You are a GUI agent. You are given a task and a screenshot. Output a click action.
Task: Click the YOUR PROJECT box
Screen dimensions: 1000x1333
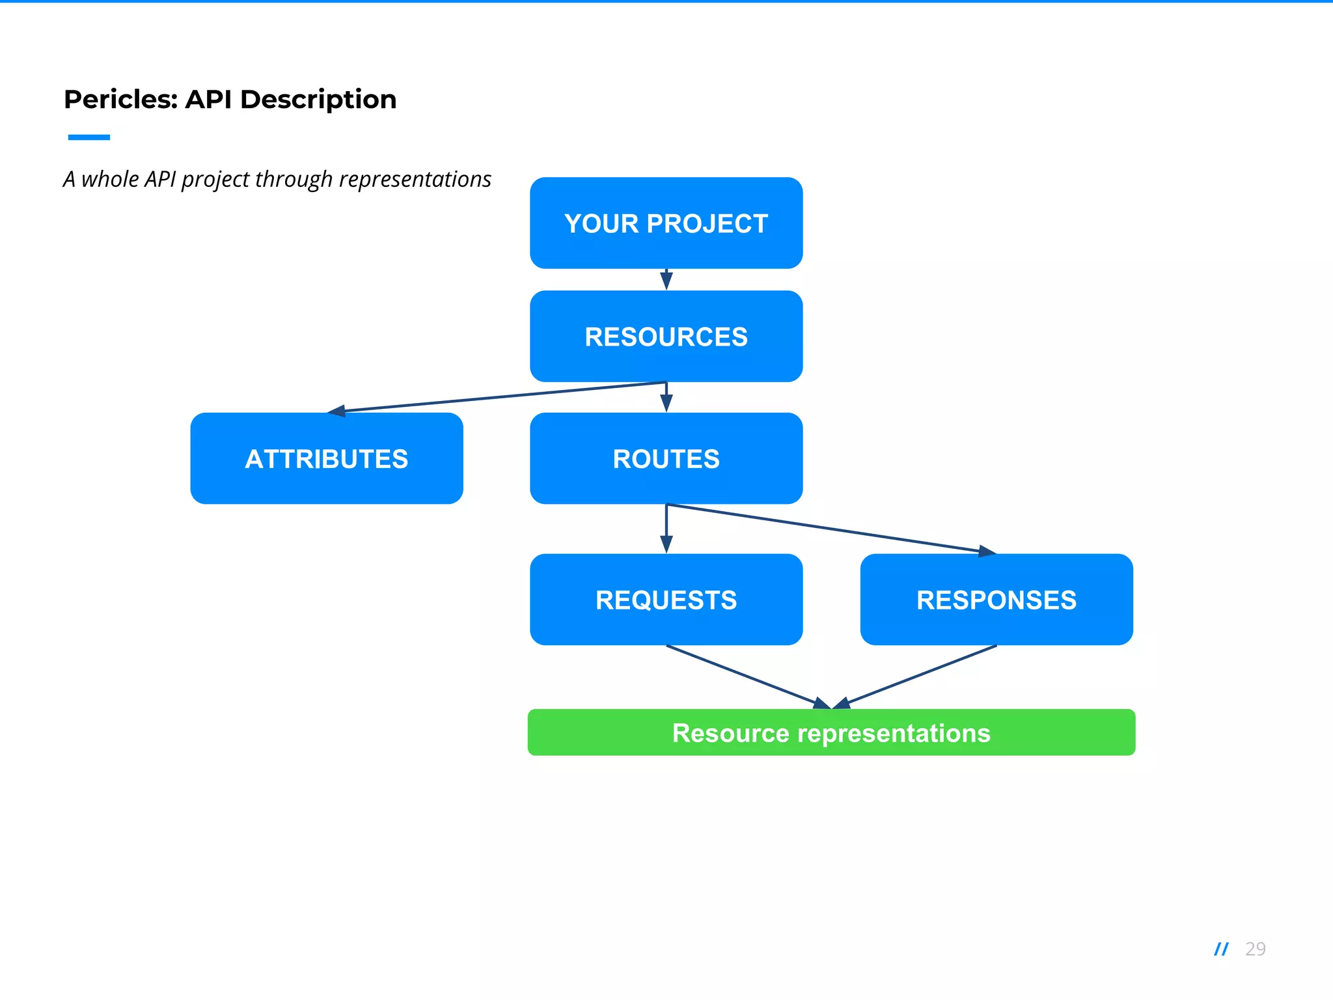[666, 223]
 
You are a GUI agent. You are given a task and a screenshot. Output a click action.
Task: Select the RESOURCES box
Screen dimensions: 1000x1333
[666, 336]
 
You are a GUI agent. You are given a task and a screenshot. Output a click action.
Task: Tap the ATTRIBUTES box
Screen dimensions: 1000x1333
[327, 458]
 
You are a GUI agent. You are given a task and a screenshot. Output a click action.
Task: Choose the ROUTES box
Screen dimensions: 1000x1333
[666, 458]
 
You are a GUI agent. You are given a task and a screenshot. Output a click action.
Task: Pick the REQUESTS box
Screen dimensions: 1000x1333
[666, 600]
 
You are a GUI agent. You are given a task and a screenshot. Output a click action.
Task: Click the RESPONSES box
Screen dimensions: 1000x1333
[996, 600]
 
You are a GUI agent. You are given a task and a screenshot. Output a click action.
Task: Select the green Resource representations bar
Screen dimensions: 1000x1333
[831, 732]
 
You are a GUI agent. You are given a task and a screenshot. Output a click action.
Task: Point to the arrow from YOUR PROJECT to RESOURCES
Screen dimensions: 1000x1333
[666, 279]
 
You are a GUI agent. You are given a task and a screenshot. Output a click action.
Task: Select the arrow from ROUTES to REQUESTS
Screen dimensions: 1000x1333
[666, 529]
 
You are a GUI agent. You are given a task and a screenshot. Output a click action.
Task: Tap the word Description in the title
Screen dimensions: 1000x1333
[318, 100]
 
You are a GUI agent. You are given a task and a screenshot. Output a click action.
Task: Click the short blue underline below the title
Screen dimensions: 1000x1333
[89, 137]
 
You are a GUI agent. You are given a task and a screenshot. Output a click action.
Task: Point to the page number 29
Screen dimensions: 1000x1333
[1255, 949]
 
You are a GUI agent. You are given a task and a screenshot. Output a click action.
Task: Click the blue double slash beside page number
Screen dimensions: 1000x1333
[1221, 949]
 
